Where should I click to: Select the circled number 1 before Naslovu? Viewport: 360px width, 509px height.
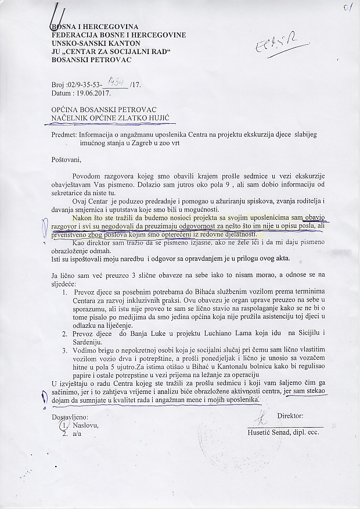pos(64,426)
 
